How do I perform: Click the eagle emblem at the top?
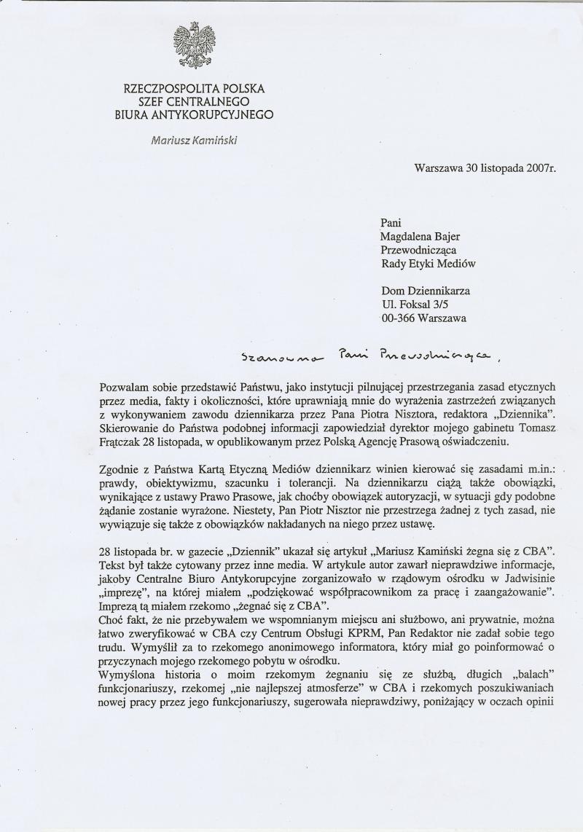point(195,47)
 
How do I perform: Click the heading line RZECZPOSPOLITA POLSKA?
point(195,89)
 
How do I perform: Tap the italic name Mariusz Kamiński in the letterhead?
point(195,139)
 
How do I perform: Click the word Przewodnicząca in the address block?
point(418,250)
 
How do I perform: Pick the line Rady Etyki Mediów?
point(429,264)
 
